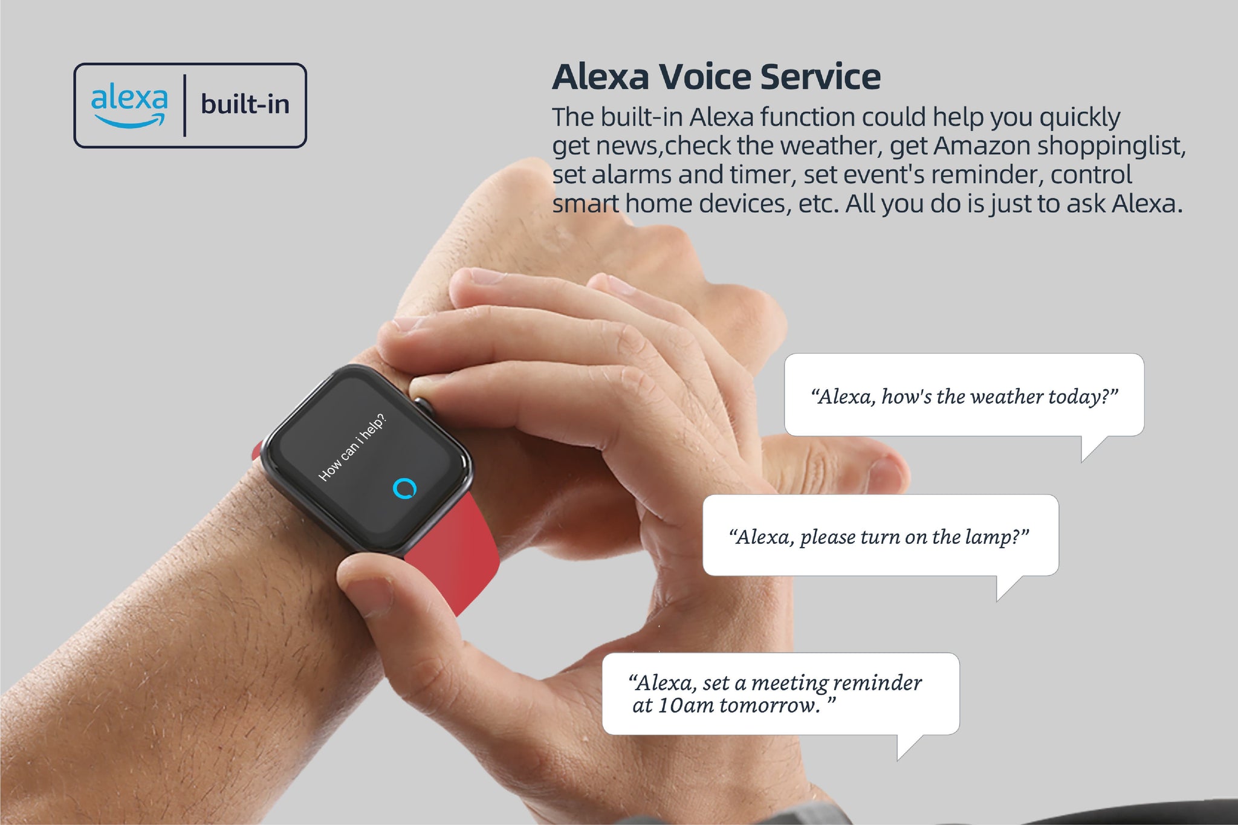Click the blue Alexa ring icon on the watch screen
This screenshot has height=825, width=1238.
coord(404,488)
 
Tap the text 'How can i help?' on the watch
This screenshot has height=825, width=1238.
coord(352,447)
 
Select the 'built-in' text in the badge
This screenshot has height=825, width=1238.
coord(245,104)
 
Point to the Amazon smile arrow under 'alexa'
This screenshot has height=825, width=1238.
coord(130,121)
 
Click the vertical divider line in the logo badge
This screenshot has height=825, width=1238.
coord(184,105)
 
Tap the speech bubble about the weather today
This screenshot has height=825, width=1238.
coord(964,395)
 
